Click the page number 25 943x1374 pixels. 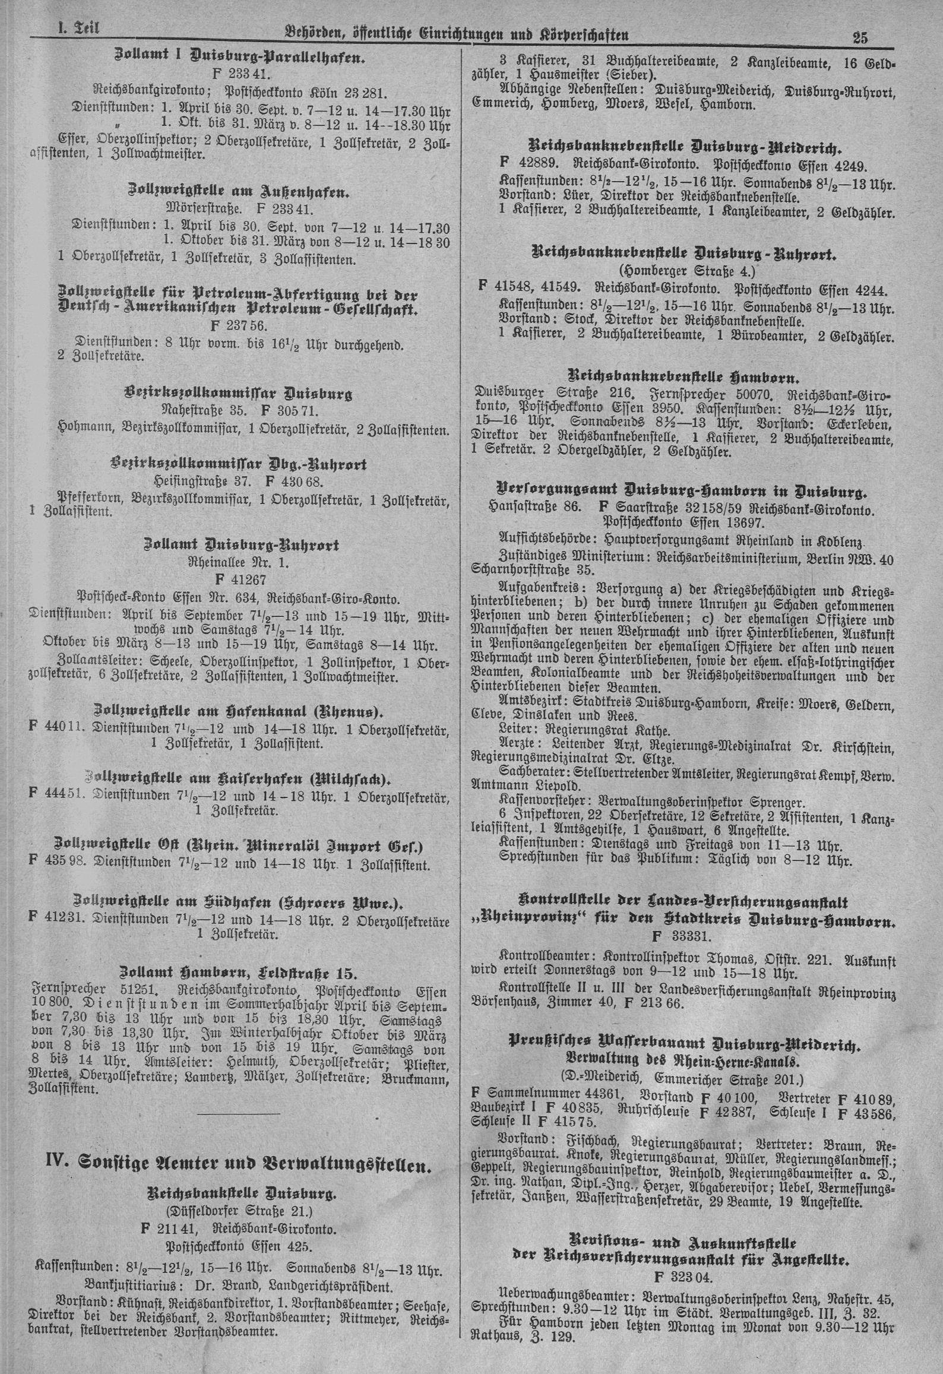(860, 37)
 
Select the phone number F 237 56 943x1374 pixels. (239, 326)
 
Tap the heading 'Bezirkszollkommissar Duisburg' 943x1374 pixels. (239, 393)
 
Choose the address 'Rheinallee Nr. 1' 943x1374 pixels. (239, 562)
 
